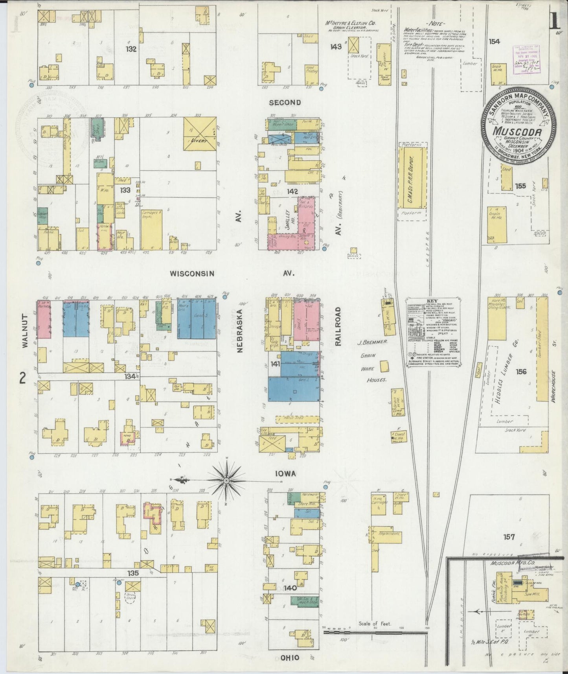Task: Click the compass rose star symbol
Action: point(228,480)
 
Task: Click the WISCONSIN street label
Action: point(193,273)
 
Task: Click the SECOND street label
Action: point(285,103)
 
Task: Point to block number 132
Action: point(131,49)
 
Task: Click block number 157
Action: point(511,536)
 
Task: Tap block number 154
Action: point(494,41)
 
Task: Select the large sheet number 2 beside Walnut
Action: point(22,378)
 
